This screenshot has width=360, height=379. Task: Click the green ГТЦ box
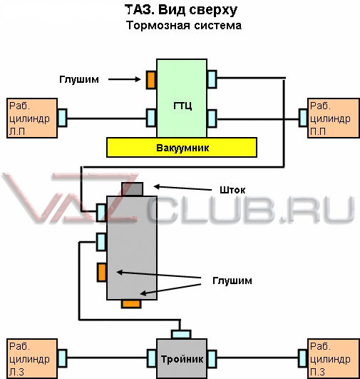point(182,98)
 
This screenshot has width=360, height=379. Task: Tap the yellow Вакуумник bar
point(182,148)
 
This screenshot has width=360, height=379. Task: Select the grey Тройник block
point(182,359)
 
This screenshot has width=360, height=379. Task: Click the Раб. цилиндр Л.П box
point(32,118)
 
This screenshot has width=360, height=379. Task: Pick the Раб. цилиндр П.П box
point(334,118)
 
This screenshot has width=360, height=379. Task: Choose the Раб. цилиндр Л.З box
point(32,359)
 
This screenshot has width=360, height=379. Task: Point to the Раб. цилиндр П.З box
point(334,359)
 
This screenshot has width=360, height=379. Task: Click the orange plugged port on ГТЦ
point(151,80)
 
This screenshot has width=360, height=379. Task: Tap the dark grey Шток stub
point(133,189)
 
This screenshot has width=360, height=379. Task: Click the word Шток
point(232,190)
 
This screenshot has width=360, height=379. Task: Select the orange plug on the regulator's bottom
point(131,304)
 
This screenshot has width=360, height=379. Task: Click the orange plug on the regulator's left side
point(102,273)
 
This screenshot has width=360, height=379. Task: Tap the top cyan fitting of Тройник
point(181,334)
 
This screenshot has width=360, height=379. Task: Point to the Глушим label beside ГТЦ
point(79,79)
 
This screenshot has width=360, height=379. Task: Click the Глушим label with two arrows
point(232,281)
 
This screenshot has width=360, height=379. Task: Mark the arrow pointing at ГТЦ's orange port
point(124,79)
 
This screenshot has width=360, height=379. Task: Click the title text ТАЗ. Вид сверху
point(181,10)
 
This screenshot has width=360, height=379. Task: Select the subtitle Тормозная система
point(184,26)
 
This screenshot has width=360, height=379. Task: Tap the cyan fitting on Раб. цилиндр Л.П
point(62,118)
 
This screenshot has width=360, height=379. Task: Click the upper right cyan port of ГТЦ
point(212,79)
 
